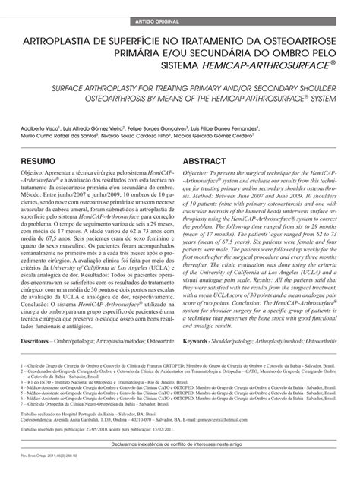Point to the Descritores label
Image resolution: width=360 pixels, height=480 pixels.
pyautogui.click(x=39, y=321)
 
